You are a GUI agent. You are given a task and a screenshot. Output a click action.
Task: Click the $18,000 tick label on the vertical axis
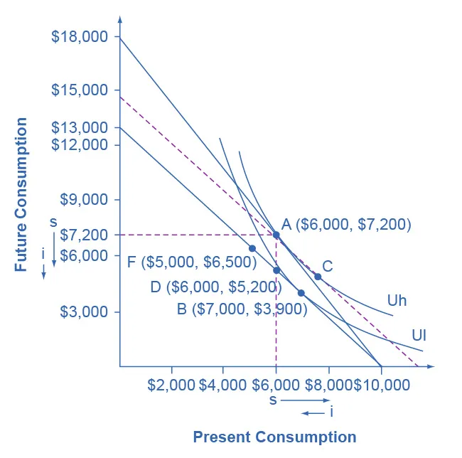(80, 36)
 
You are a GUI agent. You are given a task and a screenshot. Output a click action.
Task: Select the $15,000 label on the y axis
(80, 90)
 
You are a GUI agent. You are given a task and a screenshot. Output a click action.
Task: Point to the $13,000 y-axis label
(80, 128)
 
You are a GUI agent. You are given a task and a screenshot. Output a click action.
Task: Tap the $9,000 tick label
(83, 200)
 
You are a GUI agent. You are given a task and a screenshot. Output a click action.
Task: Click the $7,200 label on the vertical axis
(83, 235)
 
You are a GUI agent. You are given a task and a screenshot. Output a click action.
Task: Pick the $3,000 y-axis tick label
(83, 312)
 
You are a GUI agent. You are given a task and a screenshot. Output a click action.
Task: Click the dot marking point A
(276, 234)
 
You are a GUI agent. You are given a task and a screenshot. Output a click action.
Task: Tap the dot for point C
(318, 277)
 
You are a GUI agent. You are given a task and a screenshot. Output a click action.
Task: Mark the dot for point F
(252, 248)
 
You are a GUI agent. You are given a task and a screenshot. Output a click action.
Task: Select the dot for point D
(276, 270)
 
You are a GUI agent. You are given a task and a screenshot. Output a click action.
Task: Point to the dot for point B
(301, 293)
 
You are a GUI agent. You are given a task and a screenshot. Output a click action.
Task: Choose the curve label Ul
(419, 335)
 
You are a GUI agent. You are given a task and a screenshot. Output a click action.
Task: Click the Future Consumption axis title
(21, 194)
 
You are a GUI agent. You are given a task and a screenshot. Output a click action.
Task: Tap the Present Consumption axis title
(274, 437)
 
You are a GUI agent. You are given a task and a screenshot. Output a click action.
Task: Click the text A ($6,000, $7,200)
(346, 224)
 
